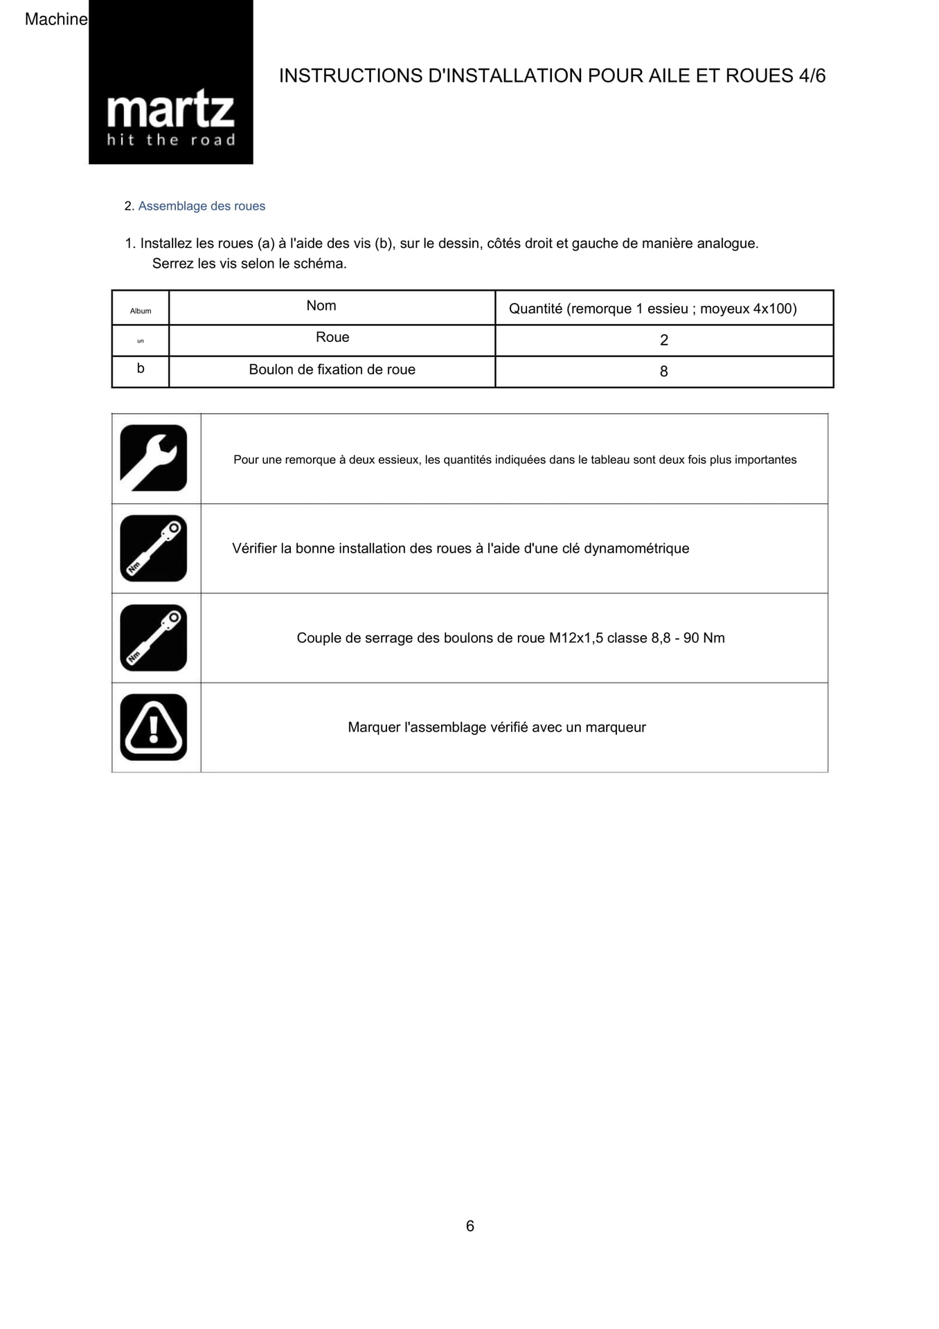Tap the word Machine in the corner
click(55, 19)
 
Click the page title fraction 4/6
click(812, 76)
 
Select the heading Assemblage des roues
click(202, 206)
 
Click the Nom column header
click(321, 306)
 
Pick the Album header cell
click(141, 311)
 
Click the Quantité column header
click(652, 309)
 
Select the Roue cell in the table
click(332, 338)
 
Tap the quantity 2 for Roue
click(664, 340)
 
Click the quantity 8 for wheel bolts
click(664, 372)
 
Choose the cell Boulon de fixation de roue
click(332, 370)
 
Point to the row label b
click(141, 369)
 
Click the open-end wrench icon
click(154, 458)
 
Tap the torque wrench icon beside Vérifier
click(154, 548)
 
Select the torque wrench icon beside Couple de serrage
click(154, 638)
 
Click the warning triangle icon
click(154, 727)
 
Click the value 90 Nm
click(704, 638)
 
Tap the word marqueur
click(615, 727)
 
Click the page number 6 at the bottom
click(470, 1226)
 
